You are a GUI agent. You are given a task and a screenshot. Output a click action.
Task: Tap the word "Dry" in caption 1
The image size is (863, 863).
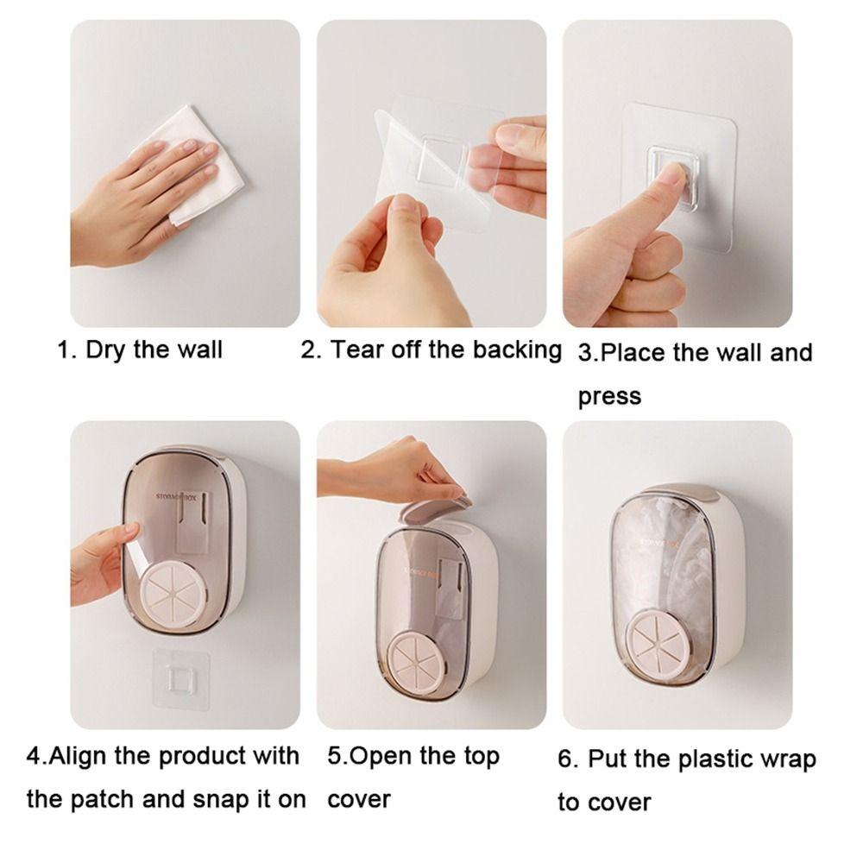tap(106, 350)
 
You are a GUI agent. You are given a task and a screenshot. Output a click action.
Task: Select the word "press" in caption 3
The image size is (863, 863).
tap(609, 396)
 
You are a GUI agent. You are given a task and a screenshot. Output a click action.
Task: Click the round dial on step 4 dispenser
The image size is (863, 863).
tap(177, 595)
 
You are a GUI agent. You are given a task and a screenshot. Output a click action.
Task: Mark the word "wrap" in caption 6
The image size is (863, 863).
tap(786, 759)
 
